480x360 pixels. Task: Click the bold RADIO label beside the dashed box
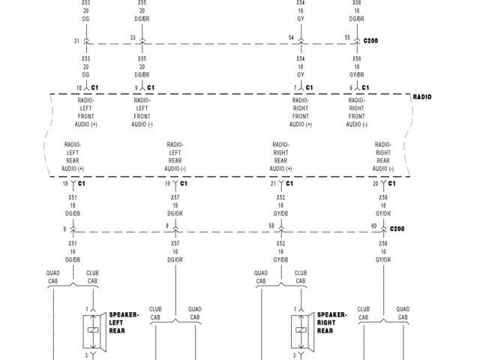[422, 97]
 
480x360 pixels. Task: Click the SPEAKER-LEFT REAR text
[124, 323]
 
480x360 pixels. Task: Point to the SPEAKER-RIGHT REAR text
[331, 323]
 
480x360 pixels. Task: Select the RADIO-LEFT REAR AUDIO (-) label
[175, 157]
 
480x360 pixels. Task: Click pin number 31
[77, 40]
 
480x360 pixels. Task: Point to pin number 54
[291, 37]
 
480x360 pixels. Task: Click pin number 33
[133, 37]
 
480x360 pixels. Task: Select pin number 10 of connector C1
[79, 88]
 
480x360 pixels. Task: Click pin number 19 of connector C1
[167, 183]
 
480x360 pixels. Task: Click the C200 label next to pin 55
[371, 38]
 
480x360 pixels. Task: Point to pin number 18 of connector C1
[64, 183]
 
